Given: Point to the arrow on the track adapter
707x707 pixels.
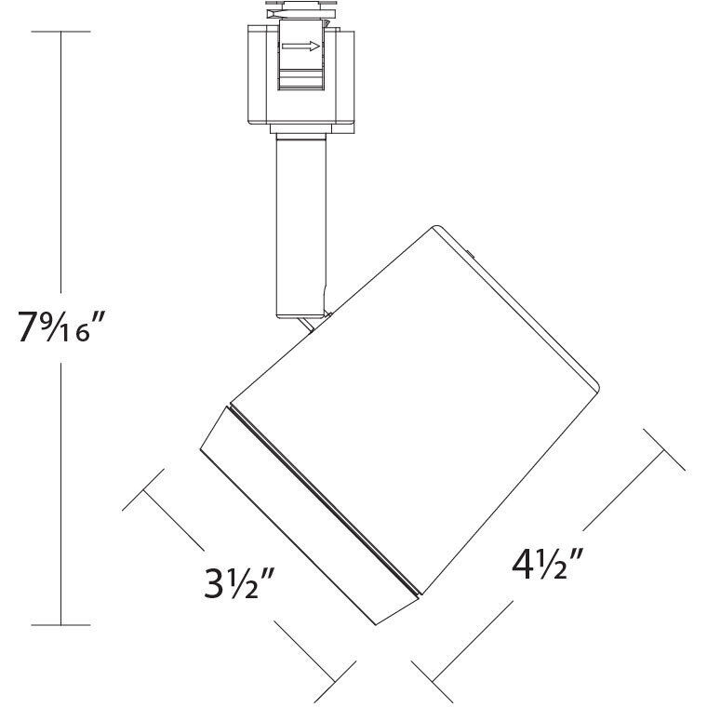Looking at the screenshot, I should (x=300, y=46).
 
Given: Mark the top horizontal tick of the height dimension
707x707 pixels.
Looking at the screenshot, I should (x=61, y=32).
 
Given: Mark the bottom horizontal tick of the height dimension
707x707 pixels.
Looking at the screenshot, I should (x=61, y=624).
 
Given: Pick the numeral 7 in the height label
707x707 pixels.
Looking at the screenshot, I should (x=28, y=327).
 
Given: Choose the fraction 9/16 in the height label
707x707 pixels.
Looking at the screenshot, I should (x=68, y=327).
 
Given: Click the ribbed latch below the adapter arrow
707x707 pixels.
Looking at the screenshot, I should (x=300, y=80).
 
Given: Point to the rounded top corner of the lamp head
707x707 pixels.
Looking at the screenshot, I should (x=437, y=228).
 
